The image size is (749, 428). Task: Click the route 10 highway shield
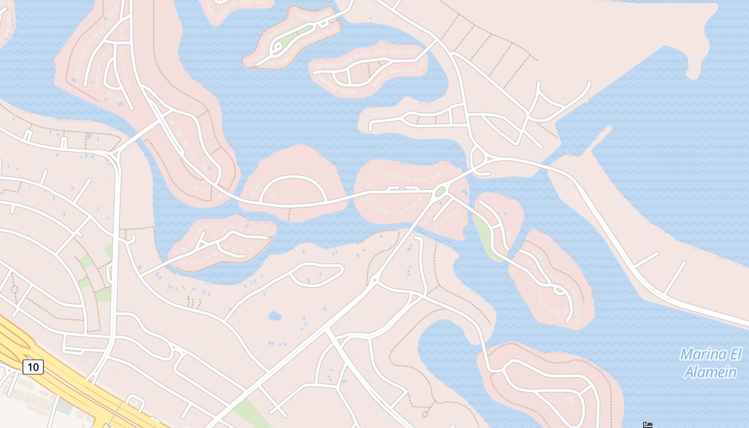click(33, 366)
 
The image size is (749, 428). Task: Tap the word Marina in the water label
click(704, 355)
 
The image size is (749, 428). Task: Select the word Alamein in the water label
click(710, 372)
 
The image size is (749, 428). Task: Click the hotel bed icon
click(648, 425)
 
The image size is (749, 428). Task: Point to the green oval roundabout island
click(440, 192)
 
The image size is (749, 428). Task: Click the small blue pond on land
click(275, 316)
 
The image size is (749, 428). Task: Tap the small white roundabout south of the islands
click(374, 280)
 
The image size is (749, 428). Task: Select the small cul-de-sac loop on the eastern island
click(560, 291)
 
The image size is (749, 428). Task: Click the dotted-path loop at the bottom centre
click(425, 413)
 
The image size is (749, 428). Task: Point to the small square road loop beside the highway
click(135, 402)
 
